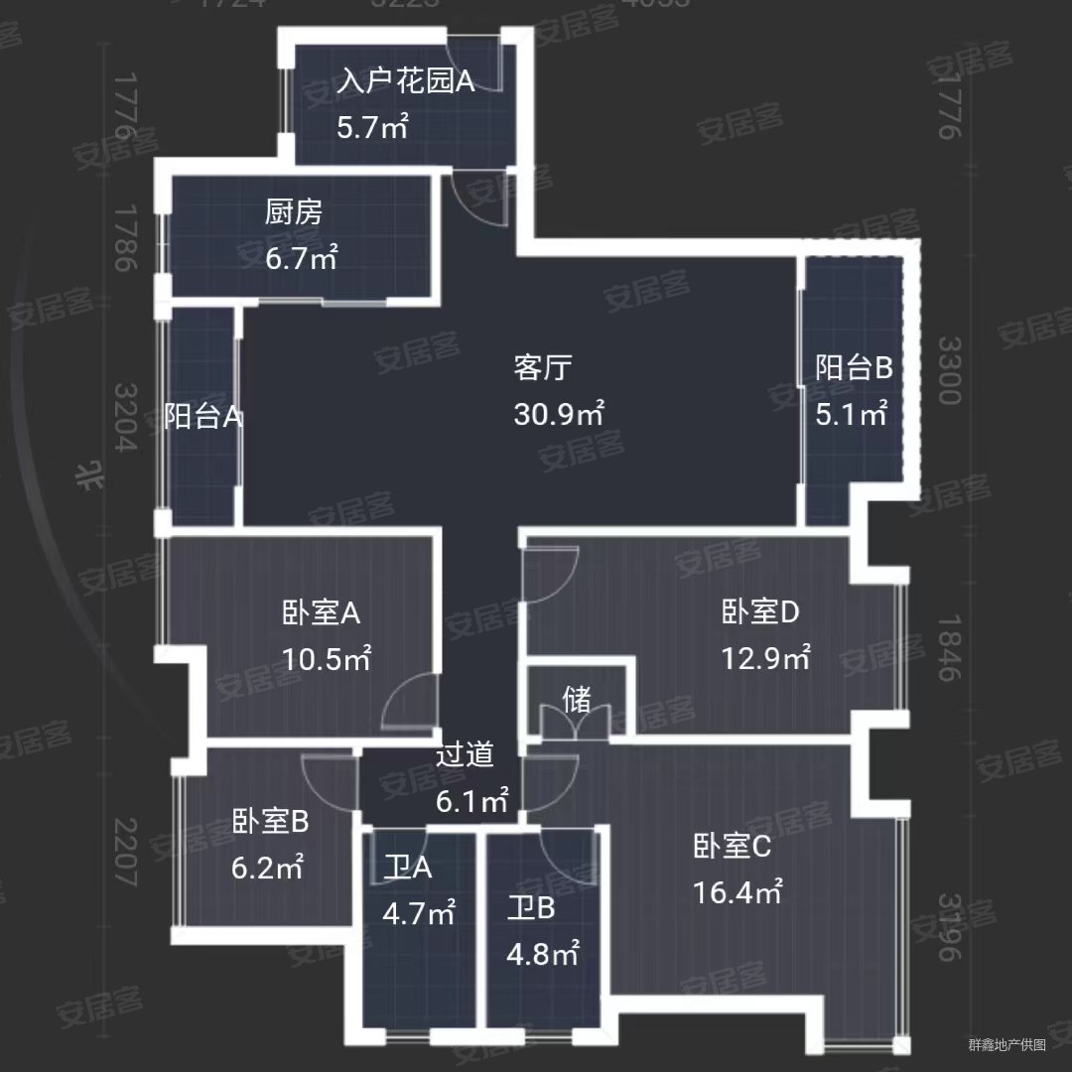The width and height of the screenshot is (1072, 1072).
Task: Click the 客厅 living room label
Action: pyautogui.click(x=543, y=368)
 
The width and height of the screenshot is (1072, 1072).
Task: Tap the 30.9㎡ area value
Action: pyautogui.click(x=559, y=413)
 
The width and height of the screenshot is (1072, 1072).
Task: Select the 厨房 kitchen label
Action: pyautogui.click(x=294, y=212)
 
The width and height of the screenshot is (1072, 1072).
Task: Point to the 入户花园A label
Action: pyautogui.click(x=405, y=81)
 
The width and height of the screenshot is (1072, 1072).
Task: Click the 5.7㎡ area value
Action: pyautogui.click(x=372, y=127)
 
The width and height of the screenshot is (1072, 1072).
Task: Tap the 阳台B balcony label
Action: pyautogui.click(x=854, y=368)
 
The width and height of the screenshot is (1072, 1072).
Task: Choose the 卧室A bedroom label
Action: pyautogui.click(x=321, y=613)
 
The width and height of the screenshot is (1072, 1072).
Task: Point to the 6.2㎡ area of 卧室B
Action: pyautogui.click(x=267, y=868)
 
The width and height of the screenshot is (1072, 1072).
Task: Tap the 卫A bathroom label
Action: pyautogui.click(x=408, y=869)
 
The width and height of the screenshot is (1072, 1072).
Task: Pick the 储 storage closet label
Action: pyautogui.click(x=576, y=701)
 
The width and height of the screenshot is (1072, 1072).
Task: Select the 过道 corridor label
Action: pyautogui.click(x=465, y=756)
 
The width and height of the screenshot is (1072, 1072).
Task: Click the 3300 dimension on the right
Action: pyautogui.click(x=949, y=370)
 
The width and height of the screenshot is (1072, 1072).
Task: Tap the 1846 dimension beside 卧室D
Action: pyautogui.click(x=949, y=647)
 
